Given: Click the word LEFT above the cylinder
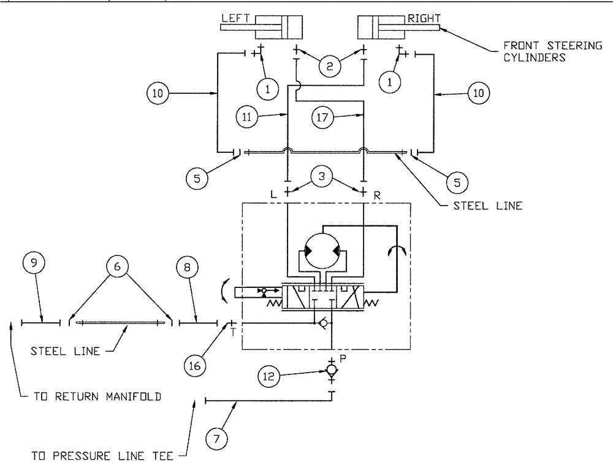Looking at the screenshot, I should coord(234,18).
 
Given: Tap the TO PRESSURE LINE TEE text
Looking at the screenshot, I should coord(104,457).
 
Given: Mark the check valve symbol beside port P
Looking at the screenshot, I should coord(332,371).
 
